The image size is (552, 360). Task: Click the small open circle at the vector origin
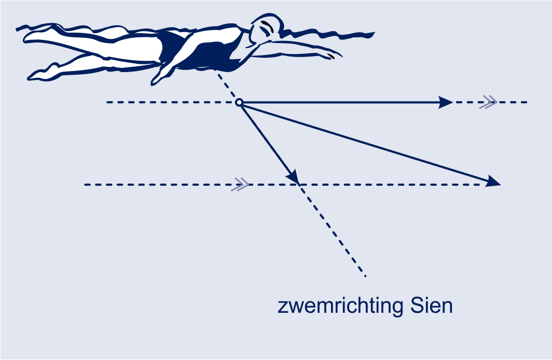click(x=239, y=102)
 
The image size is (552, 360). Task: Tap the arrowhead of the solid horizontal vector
click(x=446, y=102)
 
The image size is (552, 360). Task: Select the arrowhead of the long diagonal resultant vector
click(x=493, y=181)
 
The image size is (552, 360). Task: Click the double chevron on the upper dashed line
click(x=488, y=102)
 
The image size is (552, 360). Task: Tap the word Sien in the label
click(x=431, y=306)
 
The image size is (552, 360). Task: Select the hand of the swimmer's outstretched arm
click(x=331, y=54)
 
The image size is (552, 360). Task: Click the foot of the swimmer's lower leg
click(x=42, y=74)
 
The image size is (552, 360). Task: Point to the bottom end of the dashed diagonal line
click(x=365, y=276)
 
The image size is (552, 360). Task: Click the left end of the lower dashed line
click(x=85, y=184)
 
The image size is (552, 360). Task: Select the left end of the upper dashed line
click(x=107, y=102)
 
